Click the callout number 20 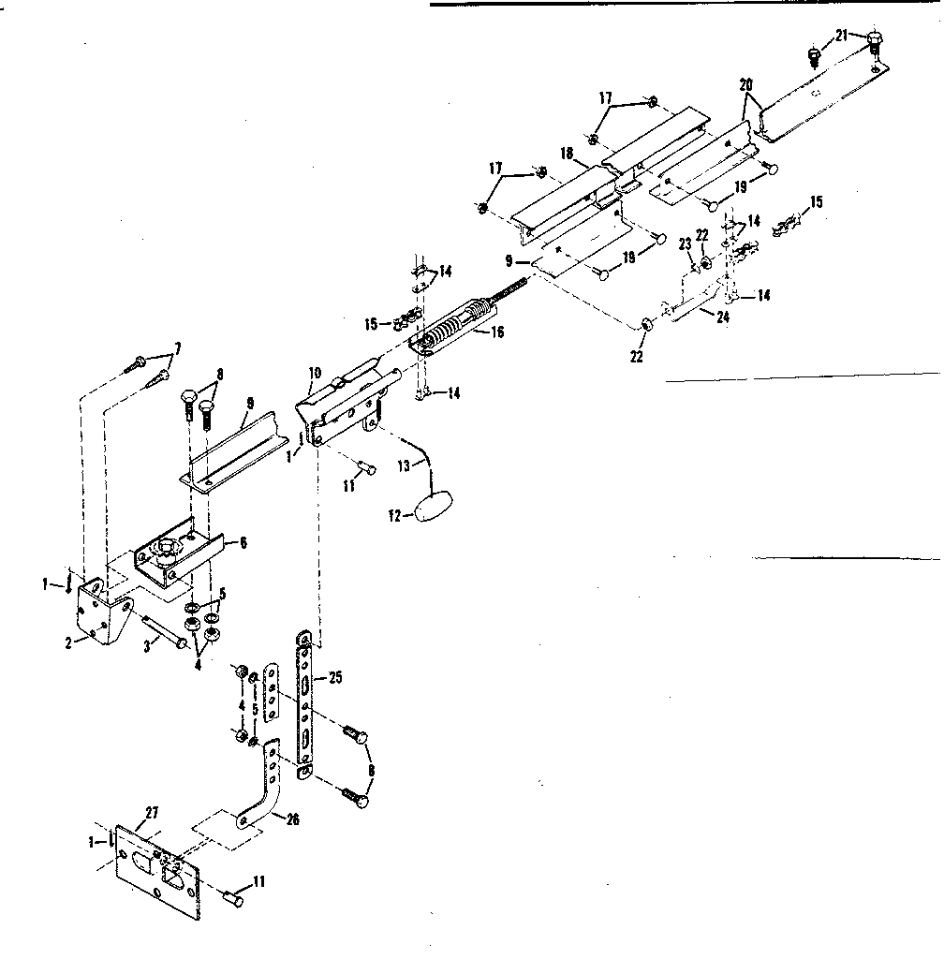[x=745, y=83]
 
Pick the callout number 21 [x=842, y=35]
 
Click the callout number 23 [x=685, y=243]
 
